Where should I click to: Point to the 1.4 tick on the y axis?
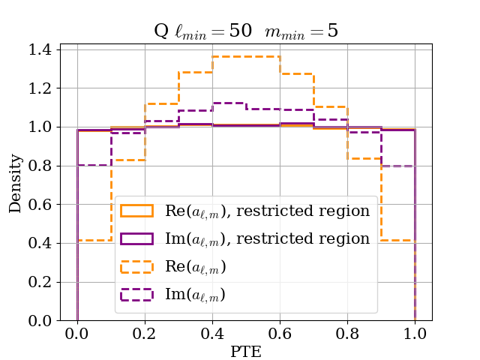click(40, 49)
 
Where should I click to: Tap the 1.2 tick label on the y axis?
click(40, 88)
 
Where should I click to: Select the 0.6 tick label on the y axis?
click(40, 205)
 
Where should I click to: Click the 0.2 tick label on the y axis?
click(40, 283)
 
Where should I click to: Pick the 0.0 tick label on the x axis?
click(77, 332)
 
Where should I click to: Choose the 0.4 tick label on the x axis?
click(212, 332)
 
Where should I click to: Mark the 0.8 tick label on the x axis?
click(347, 332)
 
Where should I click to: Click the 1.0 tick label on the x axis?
click(415, 332)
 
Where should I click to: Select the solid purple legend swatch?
click(138, 238)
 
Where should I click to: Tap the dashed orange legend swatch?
click(138, 266)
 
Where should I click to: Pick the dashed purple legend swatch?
click(138, 294)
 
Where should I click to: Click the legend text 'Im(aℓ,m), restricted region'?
click(267, 238)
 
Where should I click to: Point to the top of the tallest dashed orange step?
click(246, 56)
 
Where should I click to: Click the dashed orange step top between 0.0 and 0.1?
click(94, 240)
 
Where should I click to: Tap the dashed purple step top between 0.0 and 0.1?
click(94, 165)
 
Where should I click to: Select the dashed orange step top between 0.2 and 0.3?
click(162, 103)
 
